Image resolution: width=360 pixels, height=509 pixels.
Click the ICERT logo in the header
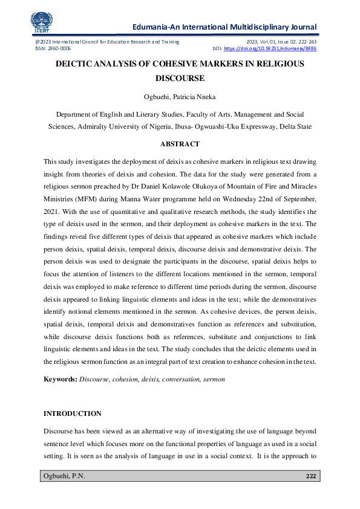40,21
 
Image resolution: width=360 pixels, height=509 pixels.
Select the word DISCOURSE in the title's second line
180,78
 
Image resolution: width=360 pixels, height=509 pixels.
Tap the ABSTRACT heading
180,144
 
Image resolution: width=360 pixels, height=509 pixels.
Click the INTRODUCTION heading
73,413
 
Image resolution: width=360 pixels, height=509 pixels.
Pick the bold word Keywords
60,379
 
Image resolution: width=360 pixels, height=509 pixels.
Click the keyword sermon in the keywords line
214,379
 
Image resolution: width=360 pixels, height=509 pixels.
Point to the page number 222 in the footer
311,476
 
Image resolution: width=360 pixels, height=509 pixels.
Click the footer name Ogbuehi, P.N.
64,476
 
